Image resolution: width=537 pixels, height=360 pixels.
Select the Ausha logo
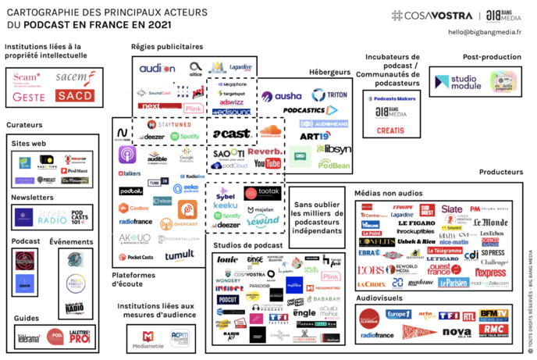pos(281,97)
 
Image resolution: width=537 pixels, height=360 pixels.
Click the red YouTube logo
pos(267,163)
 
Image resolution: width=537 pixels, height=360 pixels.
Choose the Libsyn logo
pos(333,148)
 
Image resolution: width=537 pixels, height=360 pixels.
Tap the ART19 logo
pos(315,135)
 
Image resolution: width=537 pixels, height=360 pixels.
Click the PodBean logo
pos(333,165)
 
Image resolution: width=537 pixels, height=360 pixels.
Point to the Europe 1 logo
pos(398,314)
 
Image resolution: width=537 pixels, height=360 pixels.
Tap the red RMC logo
pos(492,330)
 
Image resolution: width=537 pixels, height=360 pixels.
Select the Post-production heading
pos(491,57)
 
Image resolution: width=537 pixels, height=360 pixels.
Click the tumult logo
pos(180,255)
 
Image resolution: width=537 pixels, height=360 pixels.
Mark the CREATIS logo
pos(390,129)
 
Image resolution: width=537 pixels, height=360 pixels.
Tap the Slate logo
pos(451,209)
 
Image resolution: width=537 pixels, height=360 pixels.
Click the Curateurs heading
pos(24,124)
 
